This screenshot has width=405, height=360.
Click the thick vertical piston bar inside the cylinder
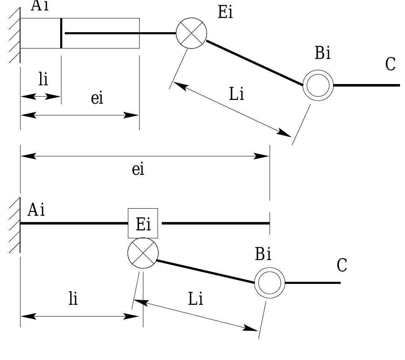point(61,33)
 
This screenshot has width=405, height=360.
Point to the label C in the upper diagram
point(390,64)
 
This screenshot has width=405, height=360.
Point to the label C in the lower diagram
point(342,265)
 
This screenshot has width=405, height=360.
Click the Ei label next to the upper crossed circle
point(226,12)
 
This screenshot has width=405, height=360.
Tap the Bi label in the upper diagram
point(323,53)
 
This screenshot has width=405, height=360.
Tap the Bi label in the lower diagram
point(263,254)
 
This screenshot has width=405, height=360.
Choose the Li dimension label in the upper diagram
point(237,94)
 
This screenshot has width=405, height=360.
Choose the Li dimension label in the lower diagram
point(196,299)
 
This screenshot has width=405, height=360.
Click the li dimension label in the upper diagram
point(43,79)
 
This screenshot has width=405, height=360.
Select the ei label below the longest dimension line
point(138,169)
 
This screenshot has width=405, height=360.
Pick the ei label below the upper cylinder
point(97,98)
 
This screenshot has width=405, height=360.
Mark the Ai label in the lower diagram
point(36,209)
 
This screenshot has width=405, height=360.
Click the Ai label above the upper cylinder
point(40,5)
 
